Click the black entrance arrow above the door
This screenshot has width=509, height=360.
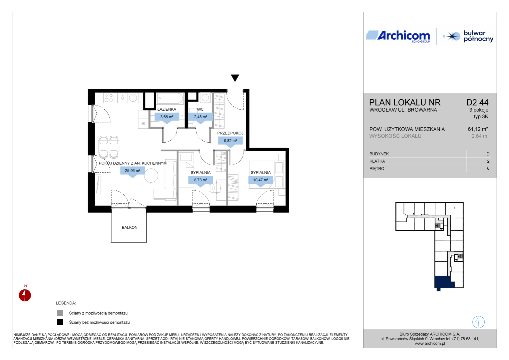(x=235, y=78)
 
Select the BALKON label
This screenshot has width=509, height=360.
(x=130, y=227)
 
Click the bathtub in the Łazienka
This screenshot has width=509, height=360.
(x=170, y=99)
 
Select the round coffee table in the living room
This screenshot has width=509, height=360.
(x=151, y=176)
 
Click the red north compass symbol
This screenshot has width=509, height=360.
(x=25, y=295)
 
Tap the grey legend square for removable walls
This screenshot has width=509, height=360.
(x=60, y=313)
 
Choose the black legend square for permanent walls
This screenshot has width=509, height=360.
(x=60, y=322)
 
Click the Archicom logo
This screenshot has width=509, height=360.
(x=398, y=36)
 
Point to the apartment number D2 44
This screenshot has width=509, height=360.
(x=477, y=103)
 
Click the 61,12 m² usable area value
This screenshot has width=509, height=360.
(x=478, y=129)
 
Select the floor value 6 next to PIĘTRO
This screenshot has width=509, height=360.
(x=488, y=169)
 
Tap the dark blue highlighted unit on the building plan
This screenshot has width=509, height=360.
(x=442, y=282)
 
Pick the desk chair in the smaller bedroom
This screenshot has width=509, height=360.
(x=215, y=188)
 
